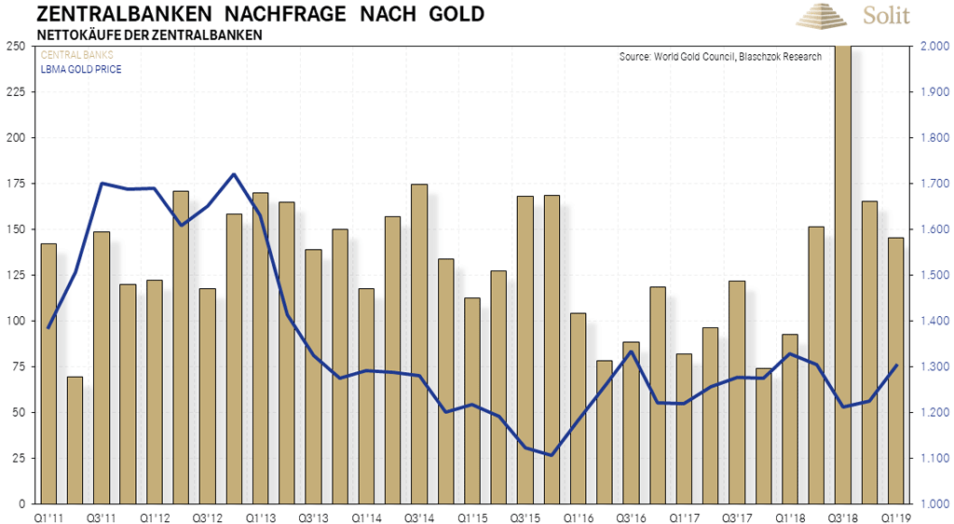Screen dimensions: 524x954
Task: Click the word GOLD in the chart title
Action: [451, 14]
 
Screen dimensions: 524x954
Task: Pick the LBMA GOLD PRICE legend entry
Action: [81, 69]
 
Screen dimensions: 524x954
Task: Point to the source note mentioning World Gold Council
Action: [720, 57]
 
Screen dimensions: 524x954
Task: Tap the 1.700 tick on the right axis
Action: [933, 184]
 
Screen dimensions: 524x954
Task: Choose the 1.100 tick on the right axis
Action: [933, 458]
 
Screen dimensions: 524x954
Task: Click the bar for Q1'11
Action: [48, 373]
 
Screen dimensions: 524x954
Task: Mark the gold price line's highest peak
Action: [233, 174]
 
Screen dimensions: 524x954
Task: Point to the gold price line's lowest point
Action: [552, 455]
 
